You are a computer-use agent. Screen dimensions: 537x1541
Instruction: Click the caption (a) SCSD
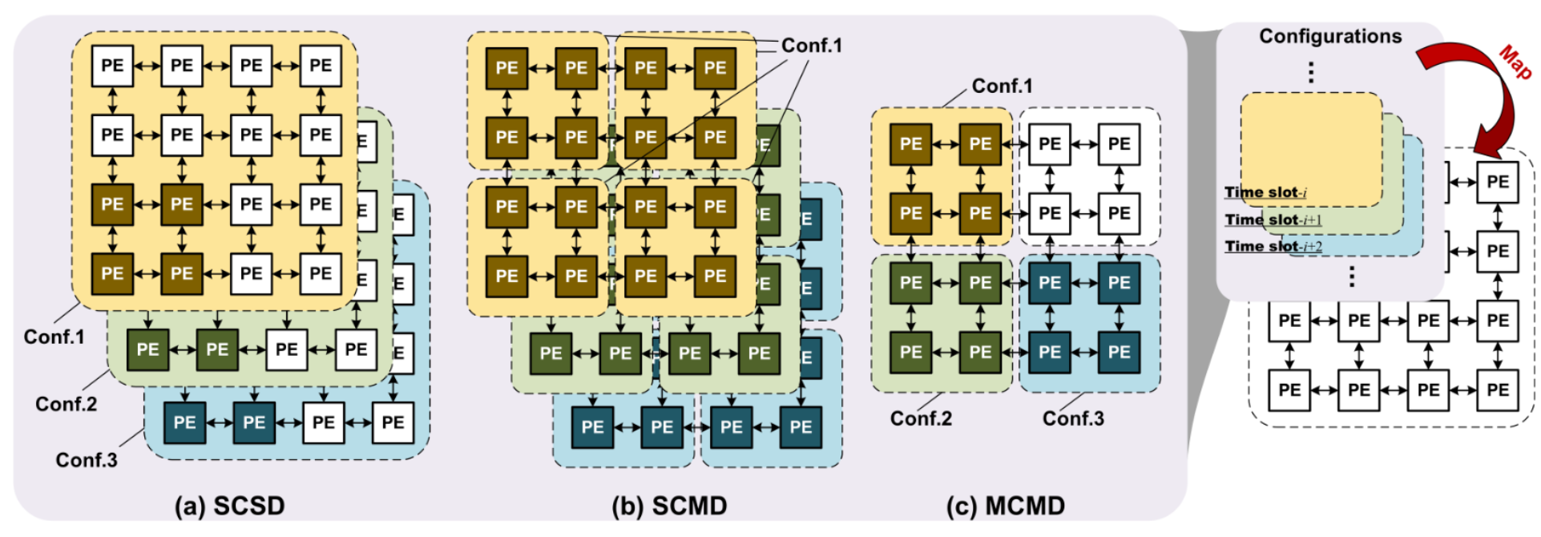pyautogui.click(x=230, y=506)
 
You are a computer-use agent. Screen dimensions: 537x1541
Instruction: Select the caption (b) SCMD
pyautogui.click(x=669, y=506)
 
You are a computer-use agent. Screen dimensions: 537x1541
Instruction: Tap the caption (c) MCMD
pyautogui.click(x=1006, y=506)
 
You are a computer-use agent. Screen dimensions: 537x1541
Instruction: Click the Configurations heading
pyautogui.click(x=1330, y=36)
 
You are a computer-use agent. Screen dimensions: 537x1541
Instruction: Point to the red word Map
pyautogui.click(x=1515, y=62)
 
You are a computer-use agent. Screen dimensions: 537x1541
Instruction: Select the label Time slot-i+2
pyautogui.click(x=1273, y=246)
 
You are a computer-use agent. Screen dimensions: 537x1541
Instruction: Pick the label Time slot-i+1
pyautogui.click(x=1273, y=220)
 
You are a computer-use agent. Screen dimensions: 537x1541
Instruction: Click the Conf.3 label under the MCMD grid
pyautogui.click(x=1073, y=418)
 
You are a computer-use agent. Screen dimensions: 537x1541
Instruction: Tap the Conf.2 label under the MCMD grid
pyautogui.click(x=922, y=418)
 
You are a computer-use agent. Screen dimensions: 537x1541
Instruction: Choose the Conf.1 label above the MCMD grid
pyautogui.click(x=1002, y=86)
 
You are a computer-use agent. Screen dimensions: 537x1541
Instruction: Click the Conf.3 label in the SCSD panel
pyautogui.click(x=87, y=460)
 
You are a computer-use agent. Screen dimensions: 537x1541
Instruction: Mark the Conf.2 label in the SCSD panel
pyautogui.click(x=67, y=404)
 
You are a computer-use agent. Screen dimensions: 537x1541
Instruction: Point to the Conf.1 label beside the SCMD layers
pyautogui.click(x=812, y=46)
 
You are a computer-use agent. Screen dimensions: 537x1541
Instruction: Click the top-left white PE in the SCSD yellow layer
pyautogui.click(x=112, y=66)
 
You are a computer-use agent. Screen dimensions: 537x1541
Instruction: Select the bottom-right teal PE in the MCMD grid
pyautogui.click(x=1119, y=353)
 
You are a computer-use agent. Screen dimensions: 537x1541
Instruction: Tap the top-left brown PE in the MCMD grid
pyautogui.click(x=910, y=144)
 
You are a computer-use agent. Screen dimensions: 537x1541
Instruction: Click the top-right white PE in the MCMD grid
pyautogui.click(x=1119, y=144)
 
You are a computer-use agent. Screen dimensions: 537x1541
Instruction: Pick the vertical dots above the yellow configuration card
pyautogui.click(x=1311, y=73)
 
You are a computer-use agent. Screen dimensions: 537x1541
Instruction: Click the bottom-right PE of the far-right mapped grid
pyautogui.click(x=1497, y=390)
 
